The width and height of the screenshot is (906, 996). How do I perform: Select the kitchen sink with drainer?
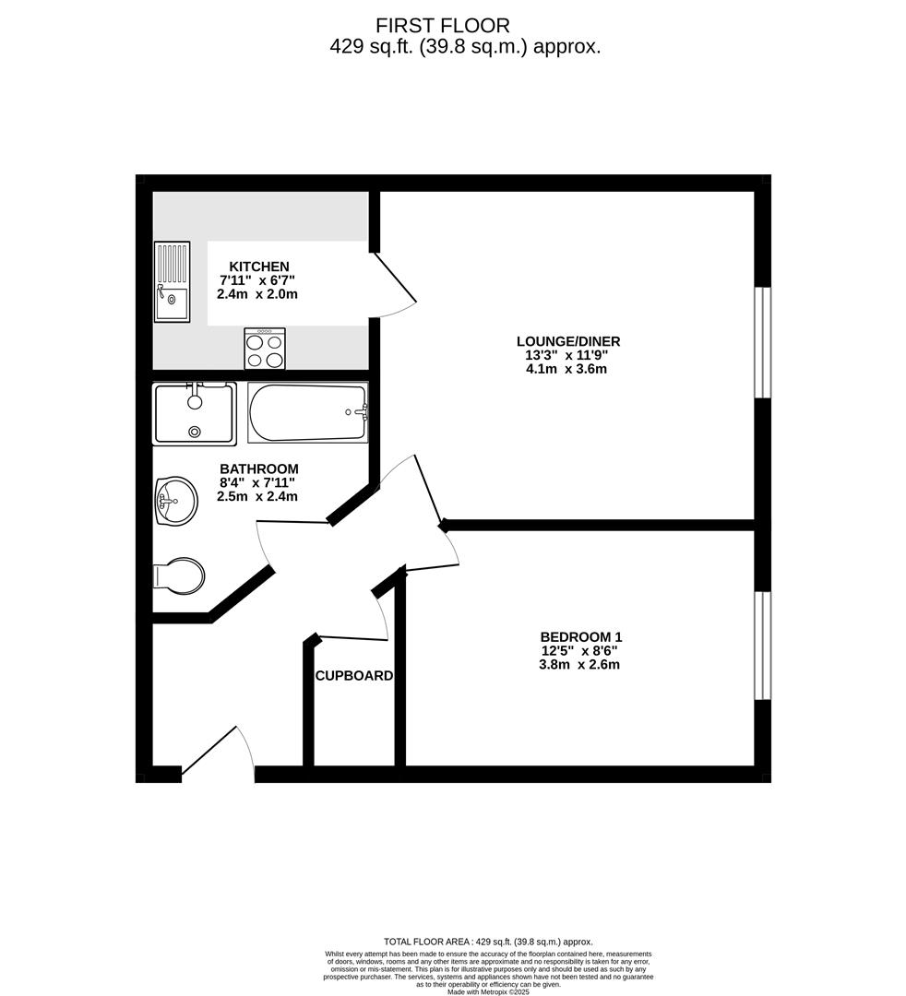[172, 281]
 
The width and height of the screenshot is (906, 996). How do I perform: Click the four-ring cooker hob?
[265, 349]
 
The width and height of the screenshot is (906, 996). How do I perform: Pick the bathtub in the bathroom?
[307, 412]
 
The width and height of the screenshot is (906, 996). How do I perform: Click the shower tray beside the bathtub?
[195, 412]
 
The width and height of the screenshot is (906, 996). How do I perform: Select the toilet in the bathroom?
[179, 576]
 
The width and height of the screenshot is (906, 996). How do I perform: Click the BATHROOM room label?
[258, 468]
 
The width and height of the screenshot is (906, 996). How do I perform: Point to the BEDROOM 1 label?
[580, 636]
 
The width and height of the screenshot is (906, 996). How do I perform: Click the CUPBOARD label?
[354, 675]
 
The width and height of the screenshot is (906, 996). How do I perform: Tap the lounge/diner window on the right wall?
[763, 342]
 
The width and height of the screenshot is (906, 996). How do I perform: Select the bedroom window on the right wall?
[763, 646]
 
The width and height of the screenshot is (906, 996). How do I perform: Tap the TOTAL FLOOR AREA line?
[487, 942]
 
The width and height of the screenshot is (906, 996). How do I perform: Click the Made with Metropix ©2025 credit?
[487, 991]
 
